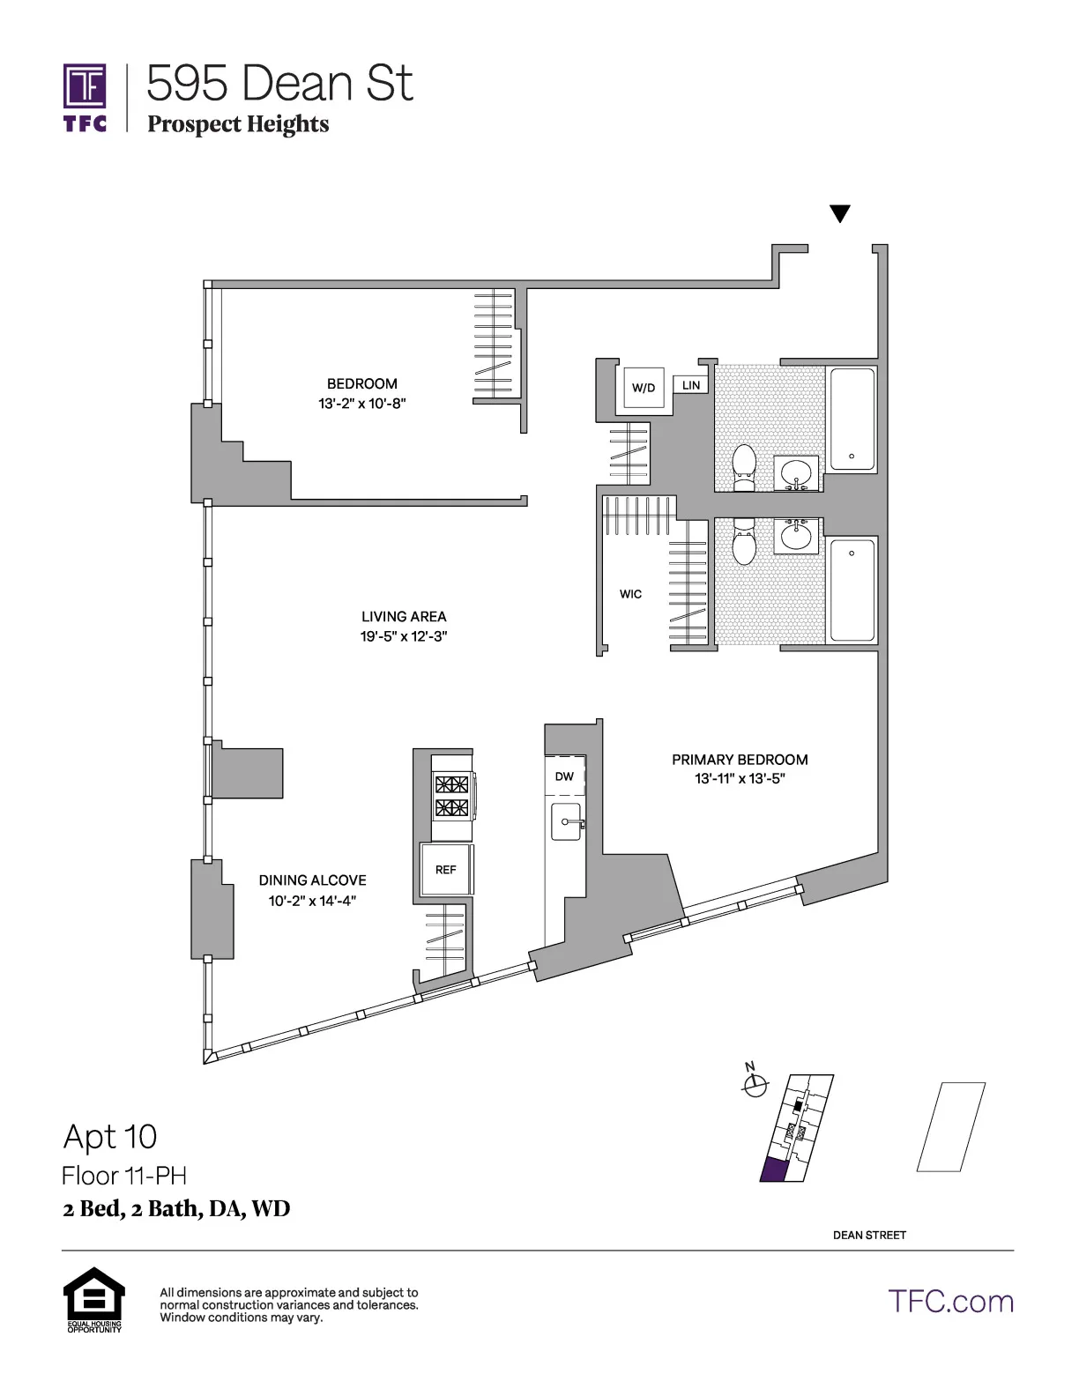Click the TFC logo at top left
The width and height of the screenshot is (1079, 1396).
click(85, 97)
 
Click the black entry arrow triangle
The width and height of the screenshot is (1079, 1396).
click(840, 213)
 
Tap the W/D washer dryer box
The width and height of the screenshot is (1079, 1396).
click(644, 387)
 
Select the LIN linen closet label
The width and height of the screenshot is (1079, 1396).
click(691, 385)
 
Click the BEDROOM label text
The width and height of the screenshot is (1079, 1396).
click(361, 383)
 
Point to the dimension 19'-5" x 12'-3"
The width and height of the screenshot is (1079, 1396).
click(404, 636)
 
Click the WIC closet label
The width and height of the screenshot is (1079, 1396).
click(630, 594)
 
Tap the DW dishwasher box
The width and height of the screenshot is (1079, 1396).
click(564, 776)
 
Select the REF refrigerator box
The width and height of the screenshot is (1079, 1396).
click(446, 870)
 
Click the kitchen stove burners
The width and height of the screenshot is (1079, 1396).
click(451, 796)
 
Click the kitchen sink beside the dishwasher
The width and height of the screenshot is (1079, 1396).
click(566, 821)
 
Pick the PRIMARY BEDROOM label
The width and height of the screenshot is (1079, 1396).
click(740, 759)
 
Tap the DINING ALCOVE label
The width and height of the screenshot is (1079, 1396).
click(312, 880)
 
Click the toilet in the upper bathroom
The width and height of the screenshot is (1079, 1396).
click(745, 466)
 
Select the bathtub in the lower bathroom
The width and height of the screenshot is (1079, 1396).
click(852, 590)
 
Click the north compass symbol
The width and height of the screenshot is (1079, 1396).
click(755, 1086)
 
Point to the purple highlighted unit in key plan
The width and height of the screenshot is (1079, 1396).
click(775, 1170)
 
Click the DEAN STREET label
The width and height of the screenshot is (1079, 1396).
click(869, 1235)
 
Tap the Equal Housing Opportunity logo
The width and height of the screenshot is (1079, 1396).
click(93, 1299)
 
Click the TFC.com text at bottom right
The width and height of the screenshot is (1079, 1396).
click(950, 1302)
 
